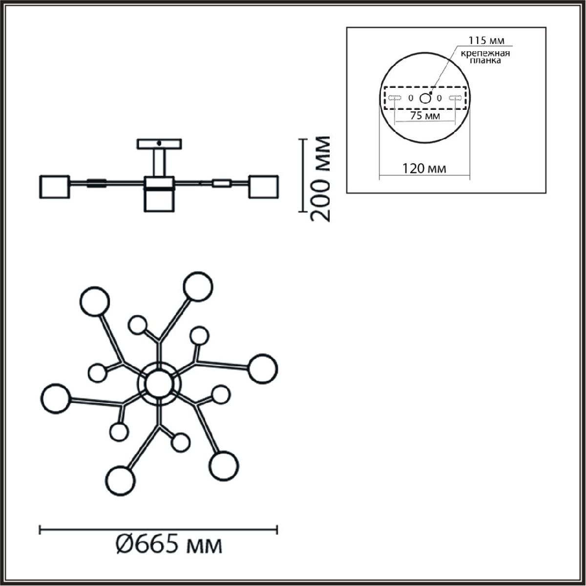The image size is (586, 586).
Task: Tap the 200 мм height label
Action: click(x=319, y=179)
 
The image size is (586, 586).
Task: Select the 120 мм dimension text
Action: click(x=424, y=168)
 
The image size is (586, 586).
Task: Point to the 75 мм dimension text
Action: click(x=425, y=116)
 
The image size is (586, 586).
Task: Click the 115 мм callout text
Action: click(x=486, y=40)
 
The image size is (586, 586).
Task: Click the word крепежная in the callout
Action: click(x=485, y=54)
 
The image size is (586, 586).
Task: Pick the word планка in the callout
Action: click(x=485, y=61)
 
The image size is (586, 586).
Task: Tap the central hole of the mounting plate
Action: click(x=425, y=98)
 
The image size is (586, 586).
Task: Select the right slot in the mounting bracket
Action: click(x=455, y=98)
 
